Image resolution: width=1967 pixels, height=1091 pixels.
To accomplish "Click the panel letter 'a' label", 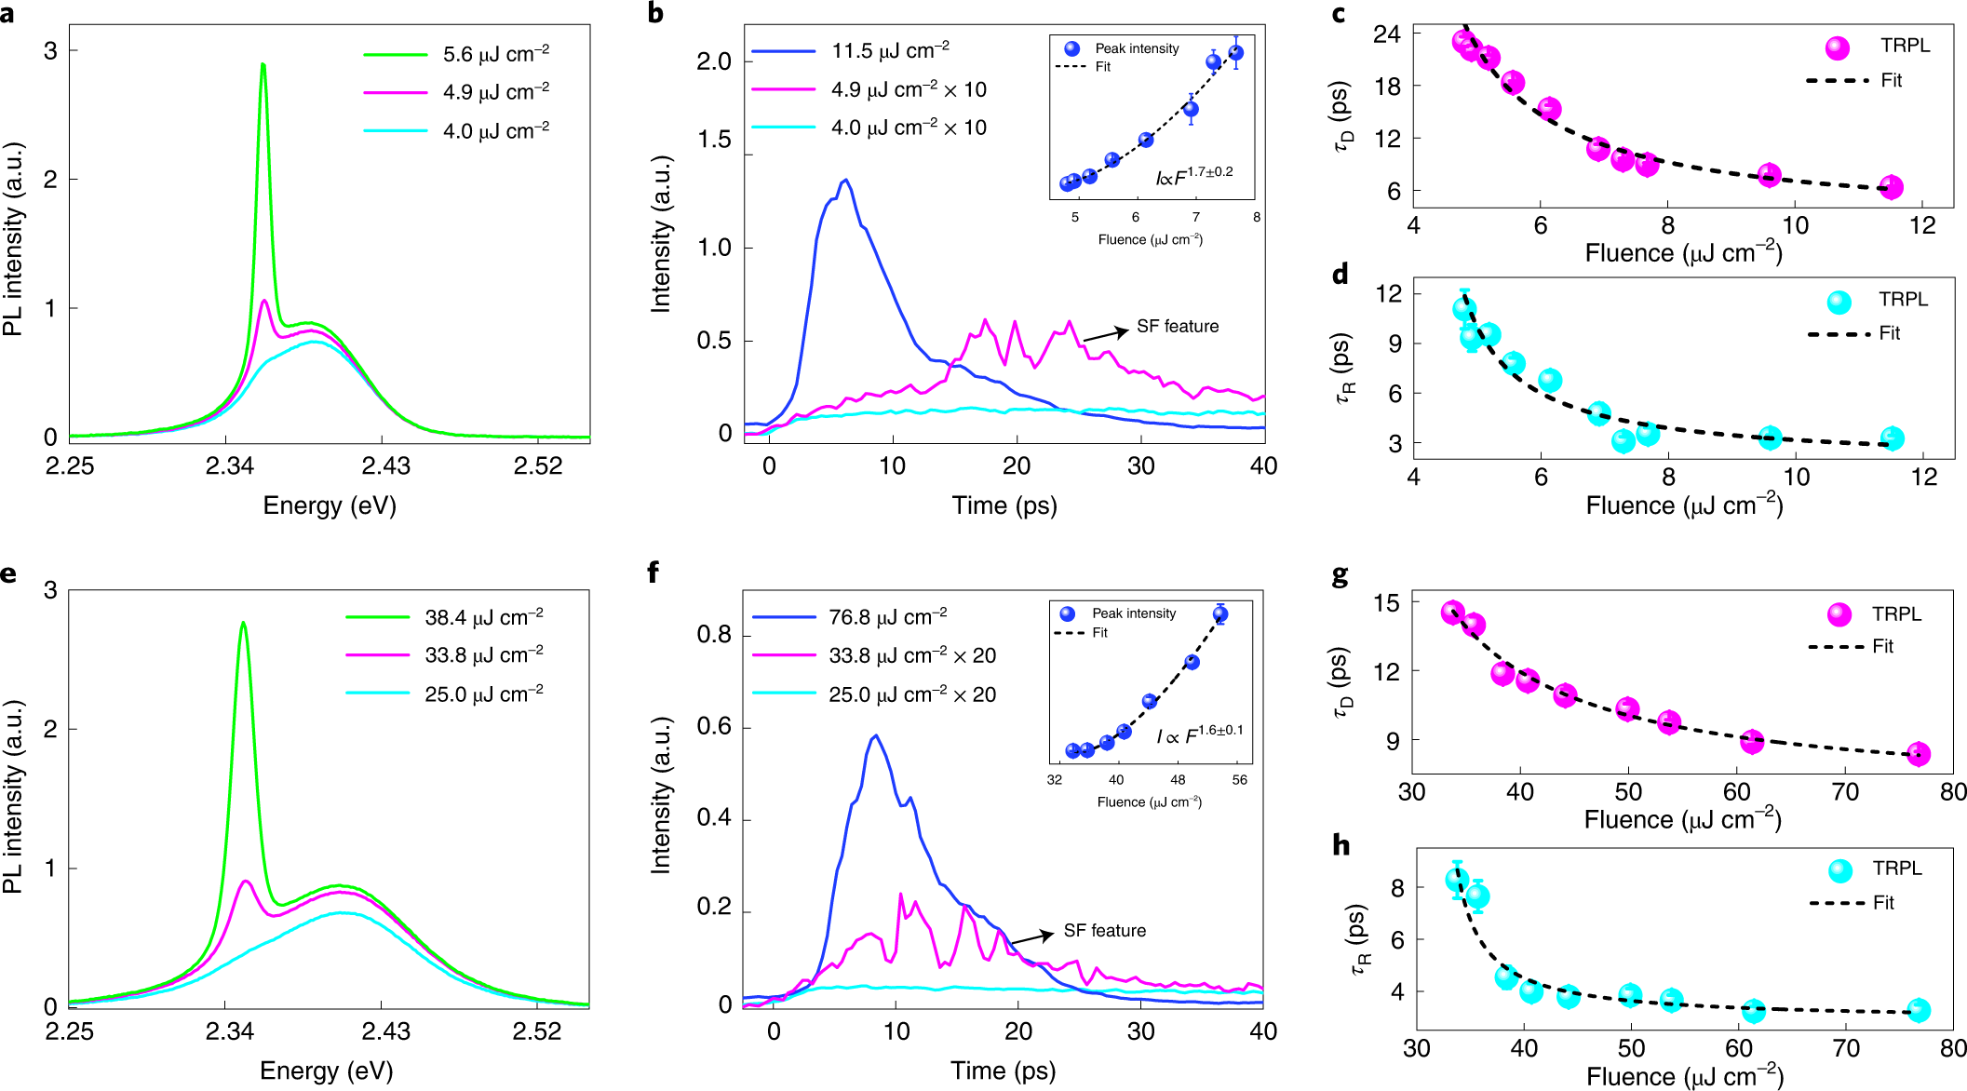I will (8, 14).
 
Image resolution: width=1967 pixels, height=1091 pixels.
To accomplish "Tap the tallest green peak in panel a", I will (263, 65).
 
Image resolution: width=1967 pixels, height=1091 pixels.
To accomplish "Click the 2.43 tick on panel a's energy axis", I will (385, 465).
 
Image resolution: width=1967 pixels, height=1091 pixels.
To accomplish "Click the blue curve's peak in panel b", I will (845, 181).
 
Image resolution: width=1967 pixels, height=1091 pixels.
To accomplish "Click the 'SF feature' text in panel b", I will (1178, 327).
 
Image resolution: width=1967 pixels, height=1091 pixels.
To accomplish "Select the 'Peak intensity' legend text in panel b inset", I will (1137, 48).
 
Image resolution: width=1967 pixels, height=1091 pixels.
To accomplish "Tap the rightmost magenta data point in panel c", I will (1891, 187).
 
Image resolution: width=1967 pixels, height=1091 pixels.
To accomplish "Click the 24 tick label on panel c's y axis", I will (1386, 34).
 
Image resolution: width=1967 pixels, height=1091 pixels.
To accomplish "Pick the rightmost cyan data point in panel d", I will (1892, 438).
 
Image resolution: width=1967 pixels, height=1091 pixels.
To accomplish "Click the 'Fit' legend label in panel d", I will (1889, 333).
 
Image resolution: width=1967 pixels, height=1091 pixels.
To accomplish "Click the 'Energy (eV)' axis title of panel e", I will (326, 1071).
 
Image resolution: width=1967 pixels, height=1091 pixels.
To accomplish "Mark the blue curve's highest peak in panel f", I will (875, 736).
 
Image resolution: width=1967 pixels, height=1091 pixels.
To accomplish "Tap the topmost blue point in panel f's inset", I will (1220, 614).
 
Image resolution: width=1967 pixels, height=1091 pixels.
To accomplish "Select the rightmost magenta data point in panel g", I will (1918, 754).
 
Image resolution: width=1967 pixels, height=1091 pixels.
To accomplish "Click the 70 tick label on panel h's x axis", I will (1846, 1048).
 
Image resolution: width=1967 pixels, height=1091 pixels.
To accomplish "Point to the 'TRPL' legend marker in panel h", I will (1840, 870).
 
